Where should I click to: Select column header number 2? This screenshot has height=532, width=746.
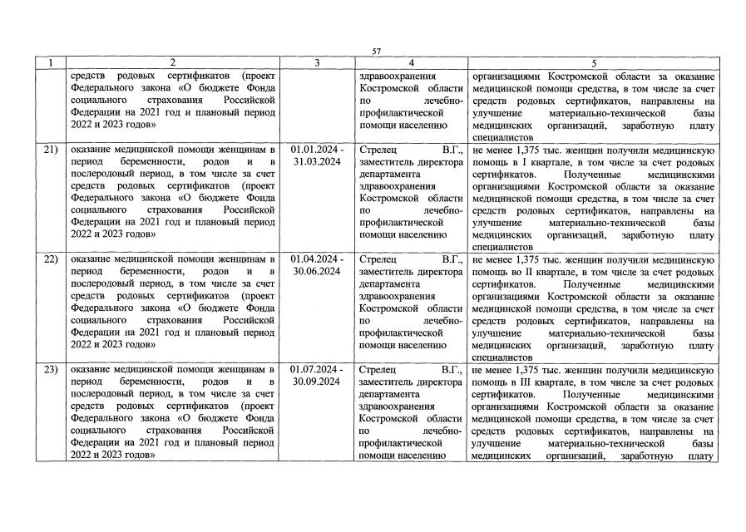click(172, 63)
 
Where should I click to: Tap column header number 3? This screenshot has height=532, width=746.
click(316, 63)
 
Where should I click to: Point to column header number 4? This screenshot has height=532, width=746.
click(411, 63)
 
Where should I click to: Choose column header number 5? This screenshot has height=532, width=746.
click(593, 63)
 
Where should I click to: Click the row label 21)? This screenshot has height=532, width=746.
click(50, 150)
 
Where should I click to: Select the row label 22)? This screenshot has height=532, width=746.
click(50, 259)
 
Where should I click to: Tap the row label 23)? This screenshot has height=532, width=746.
click(50, 369)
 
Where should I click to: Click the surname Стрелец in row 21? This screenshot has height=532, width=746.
click(378, 150)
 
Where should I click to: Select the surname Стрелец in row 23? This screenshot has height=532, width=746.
click(378, 369)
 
